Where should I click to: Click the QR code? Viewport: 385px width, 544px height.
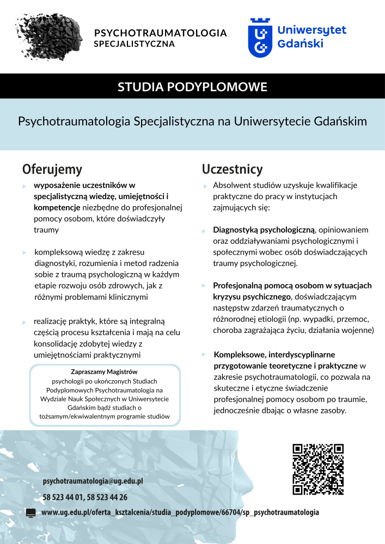click(318, 470)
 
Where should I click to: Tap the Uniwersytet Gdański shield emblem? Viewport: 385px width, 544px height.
click(260, 37)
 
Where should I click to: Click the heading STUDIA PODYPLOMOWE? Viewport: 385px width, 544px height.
click(192, 86)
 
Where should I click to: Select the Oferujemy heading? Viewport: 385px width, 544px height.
click(52, 168)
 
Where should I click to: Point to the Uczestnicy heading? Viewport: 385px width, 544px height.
click(232, 169)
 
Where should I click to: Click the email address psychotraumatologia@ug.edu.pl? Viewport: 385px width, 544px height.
click(93, 481)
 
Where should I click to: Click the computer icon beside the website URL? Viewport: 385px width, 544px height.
click(31, 512)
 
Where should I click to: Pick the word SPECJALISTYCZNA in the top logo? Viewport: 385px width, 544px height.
click(134, 44)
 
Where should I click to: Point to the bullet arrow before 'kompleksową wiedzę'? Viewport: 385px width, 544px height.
click(25, 253)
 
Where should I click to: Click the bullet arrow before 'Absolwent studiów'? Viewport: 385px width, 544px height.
click(205, 186)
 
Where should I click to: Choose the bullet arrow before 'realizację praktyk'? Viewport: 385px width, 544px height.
click(25, 322)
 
